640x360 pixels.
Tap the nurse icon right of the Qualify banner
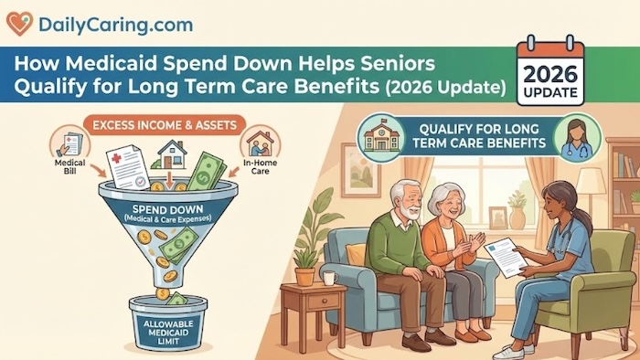pyautogui.click(x=578, y=135)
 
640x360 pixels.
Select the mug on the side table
pyautogui.click(x=328, y=278)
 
